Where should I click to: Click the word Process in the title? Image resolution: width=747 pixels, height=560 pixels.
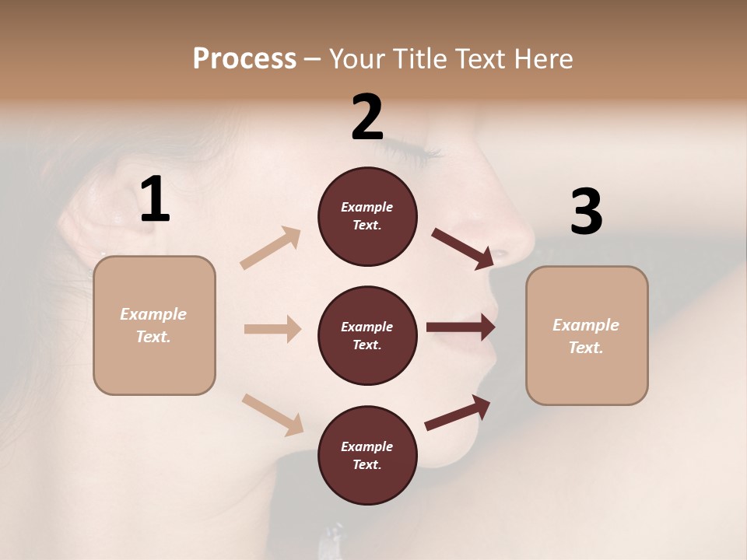pyautogui.click(x=244, y=58)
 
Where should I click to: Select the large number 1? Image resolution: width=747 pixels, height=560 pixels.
pyautogui.click(x=155, y=200)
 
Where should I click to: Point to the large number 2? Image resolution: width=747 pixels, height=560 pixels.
pyautogui.click(x=367, y=117)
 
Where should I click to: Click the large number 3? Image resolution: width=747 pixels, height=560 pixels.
pyautogui.click(x=586, y=212)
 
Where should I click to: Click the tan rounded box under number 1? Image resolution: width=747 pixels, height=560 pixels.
pyautogui.click(x=154, y=325)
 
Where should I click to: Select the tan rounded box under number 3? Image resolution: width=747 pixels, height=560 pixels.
pyautogui.click(x=587, y=336)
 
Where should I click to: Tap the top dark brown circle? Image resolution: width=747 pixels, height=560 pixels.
pyautogui.click(x=367, y=216)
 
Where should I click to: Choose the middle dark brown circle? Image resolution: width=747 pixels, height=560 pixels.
pyautogui.click(x=367, y=335)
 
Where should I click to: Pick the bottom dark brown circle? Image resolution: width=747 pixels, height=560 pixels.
pyautogui.click(x=367, y=455)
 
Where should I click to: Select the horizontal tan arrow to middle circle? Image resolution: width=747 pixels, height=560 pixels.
pyautogui.click(x=272, y=329)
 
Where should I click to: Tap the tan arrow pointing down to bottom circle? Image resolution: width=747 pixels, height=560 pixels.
pyautogui.click(x=272, y=414)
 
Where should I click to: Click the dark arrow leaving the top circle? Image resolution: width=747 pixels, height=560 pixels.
pyautogui.click(x=462, y=248)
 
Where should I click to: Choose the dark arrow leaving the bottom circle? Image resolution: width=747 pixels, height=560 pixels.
pyautogui.click(x=458, y=412)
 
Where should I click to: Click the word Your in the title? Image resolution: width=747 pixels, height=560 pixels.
pyautogui.click(x=356, y=58)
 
